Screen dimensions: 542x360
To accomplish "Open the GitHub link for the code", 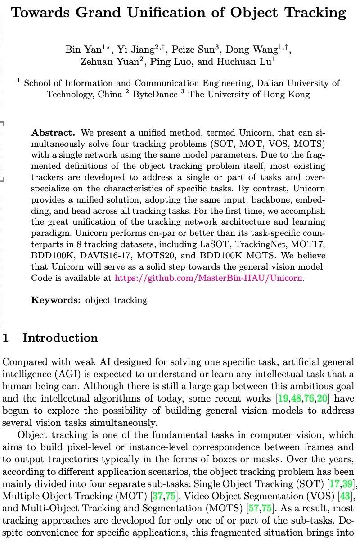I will (209, 278).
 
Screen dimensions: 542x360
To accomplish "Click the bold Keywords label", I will (56, 300).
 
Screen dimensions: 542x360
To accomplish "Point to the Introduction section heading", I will (60, 338).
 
